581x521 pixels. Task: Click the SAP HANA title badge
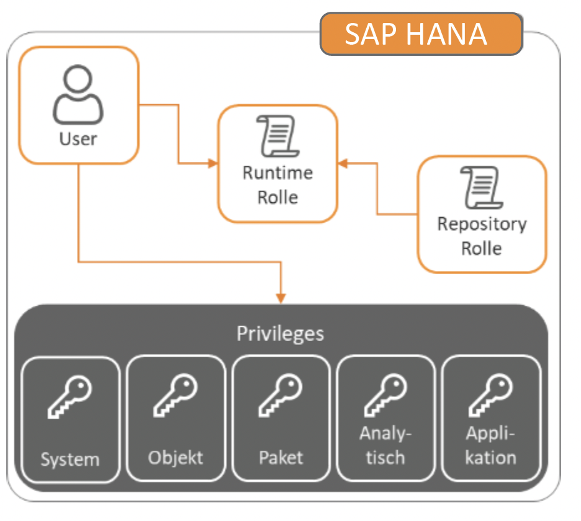point(421,33)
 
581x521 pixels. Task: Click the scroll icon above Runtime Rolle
point(277,135)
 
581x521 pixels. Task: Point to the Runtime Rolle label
point(277,184)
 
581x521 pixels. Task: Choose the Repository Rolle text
point(482,236)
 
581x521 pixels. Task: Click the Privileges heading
point(281,334)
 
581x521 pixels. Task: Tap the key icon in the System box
point(70,396)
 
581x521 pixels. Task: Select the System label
point(70,459)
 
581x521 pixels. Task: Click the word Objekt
point(176,458)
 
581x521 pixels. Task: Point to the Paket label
point(281,458)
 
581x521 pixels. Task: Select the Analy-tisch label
point(385,445)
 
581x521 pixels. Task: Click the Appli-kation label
point(490,445)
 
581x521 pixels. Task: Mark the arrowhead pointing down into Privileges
point(281,298)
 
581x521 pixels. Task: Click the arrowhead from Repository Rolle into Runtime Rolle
point(343,164)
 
